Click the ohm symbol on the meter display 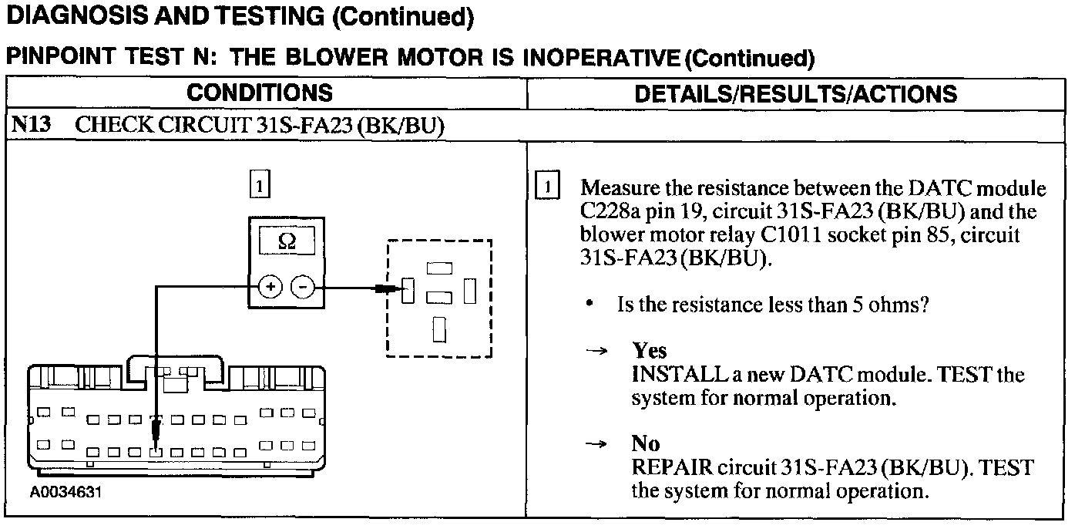[286, 242]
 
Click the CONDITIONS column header [260, 93]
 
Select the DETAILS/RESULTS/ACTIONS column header [795, 94]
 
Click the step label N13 [30, 126]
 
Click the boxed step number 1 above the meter [260, 185]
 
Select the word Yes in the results [649, 351]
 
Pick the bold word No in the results [645, 443]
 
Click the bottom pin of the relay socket [439, 329]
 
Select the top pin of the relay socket [439, 268]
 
